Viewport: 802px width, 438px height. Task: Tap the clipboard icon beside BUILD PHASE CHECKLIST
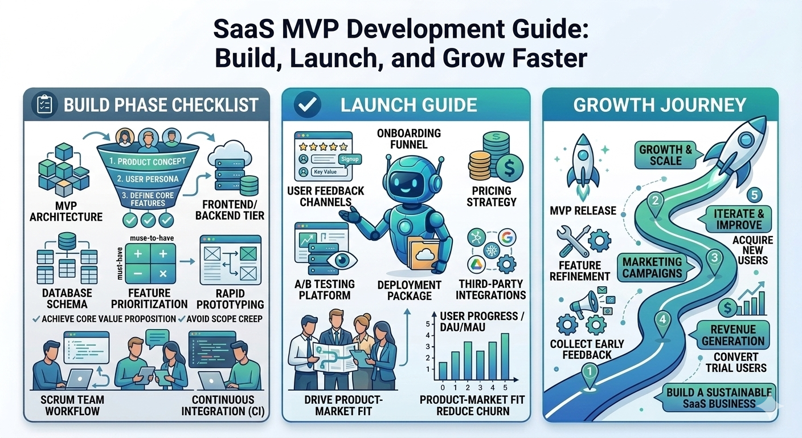click(44, 105)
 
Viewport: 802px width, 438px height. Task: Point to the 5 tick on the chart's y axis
click(431, 324)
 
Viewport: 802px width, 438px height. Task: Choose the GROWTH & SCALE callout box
click(665, 155)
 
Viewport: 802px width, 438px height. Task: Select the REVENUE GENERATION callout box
click(733, 335)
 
